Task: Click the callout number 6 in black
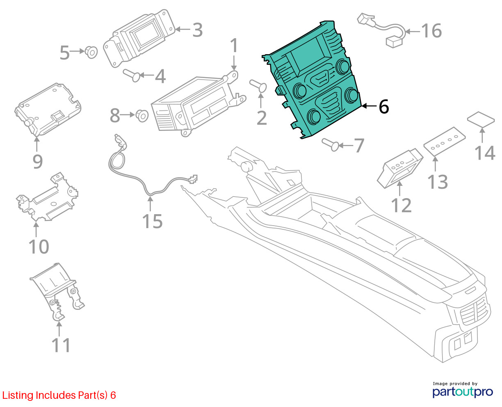pos(384,107)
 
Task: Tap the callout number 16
pos(431,31)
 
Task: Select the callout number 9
pos(38,162)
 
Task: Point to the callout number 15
pos(152,221)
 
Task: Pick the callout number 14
pos(484,153)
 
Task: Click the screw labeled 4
pos(132,75)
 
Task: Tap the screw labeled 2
pos(258,86)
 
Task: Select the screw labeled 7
pos(331,145)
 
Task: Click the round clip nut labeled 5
pos(91,52)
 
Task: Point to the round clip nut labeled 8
pos(142,116)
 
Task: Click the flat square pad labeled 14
pos(481,119)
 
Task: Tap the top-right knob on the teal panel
pos(343,67)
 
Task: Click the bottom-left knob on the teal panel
pos(314,116)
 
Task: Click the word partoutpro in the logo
pos(462,392)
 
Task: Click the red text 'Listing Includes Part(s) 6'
pos(59,395)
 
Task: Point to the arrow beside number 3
pos(183,29)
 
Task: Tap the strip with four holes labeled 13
pos(445,141)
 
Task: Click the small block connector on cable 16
pos(393,41)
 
